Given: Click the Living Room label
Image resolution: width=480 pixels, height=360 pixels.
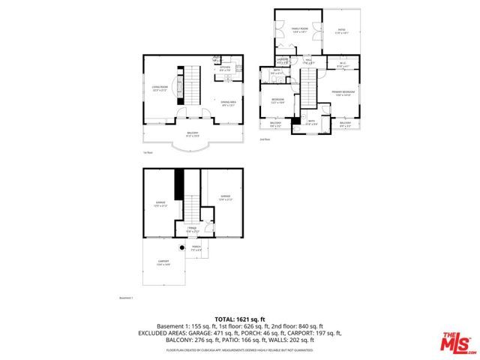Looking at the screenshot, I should point(158,88).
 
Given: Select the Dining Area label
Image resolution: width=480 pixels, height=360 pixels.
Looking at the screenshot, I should point(228,103).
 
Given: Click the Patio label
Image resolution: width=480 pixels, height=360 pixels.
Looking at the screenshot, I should point(341,31).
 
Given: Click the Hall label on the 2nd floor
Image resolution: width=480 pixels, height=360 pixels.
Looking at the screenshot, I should point(308,61).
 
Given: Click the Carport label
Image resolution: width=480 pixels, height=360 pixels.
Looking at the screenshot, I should point(163,262).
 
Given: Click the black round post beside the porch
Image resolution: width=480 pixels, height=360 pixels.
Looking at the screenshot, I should point(181,247).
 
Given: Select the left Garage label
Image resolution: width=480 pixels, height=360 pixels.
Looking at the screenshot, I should point(160,203).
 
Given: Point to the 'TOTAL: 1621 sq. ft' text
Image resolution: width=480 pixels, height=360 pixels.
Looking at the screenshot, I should point(239,318).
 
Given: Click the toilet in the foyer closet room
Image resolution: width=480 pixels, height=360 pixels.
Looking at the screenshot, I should point(208,226).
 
